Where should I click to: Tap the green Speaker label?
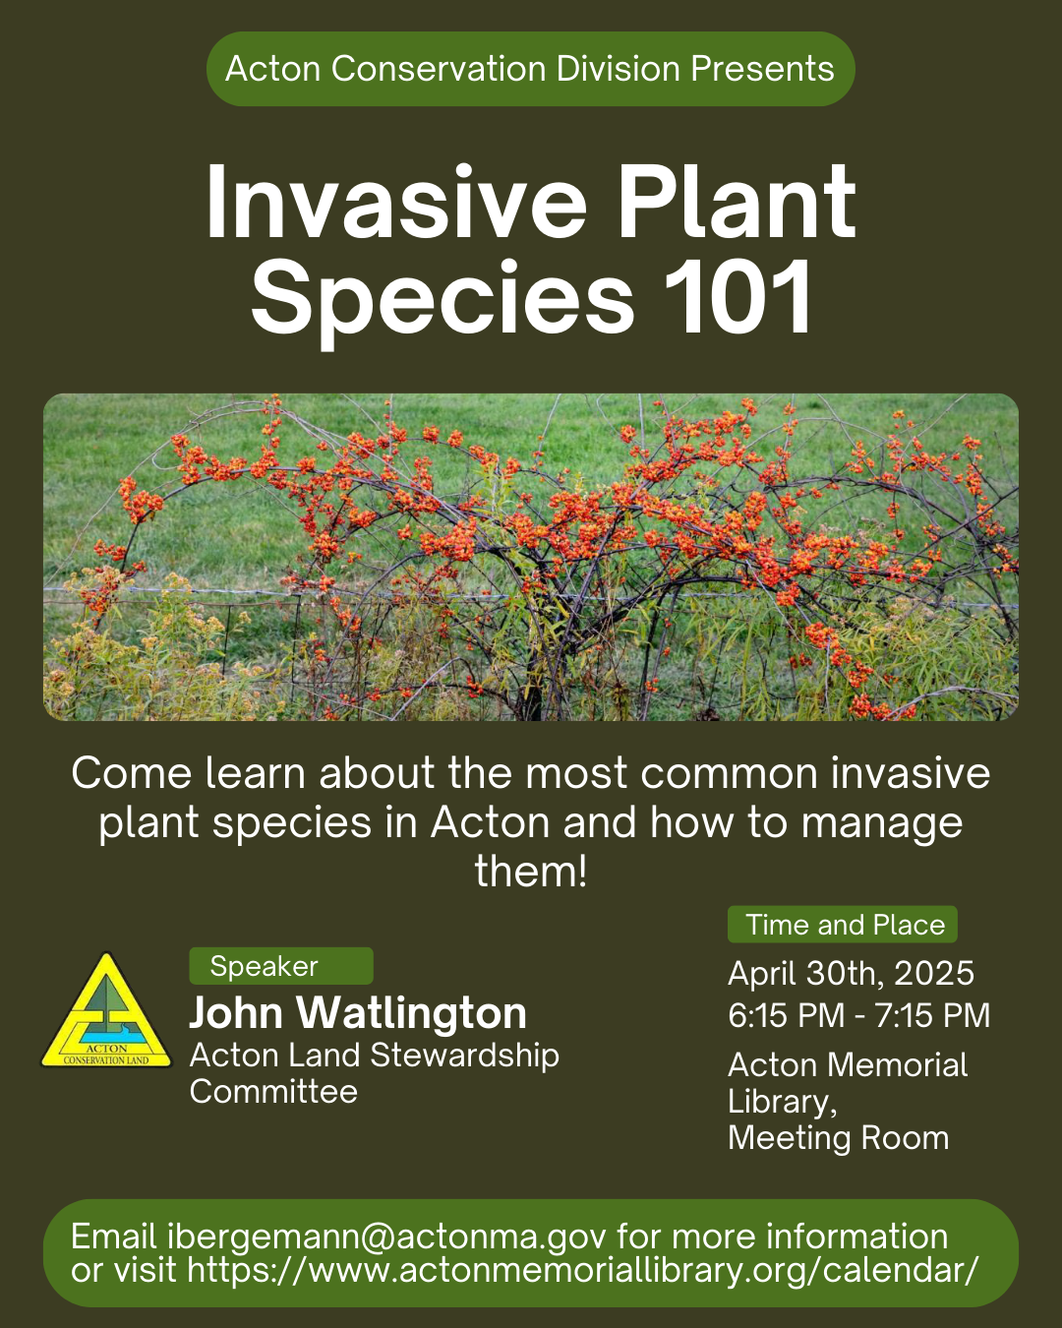pyautogui.click(x=281, y=966)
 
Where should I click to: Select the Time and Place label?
pyautogui.click(x=843, y=925)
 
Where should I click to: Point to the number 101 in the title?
pyautogui.click(x=737, y=297)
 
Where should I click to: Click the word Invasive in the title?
pyautogui.click(x=396, y=202)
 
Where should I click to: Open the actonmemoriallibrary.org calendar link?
pyautogui.click(x=582, y=1271)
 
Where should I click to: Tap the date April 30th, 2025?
pyautogui.click(x=851, y=974)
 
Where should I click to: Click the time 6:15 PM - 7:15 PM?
pyautogui.click(x=859, y=1015)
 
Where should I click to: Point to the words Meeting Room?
pyautogui.click(x=839, y=1138)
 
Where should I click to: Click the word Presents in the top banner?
pyautogui.click(x=762, y=68)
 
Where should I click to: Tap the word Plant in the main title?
pyautogui.click(x=737, y=202)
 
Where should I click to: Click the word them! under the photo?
pyautogui.click(x=531, y=872)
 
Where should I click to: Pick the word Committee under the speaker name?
pyautogui.click(x=273, y=1092)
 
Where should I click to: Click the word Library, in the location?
pyautogui.click(x=783, y=1102)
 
